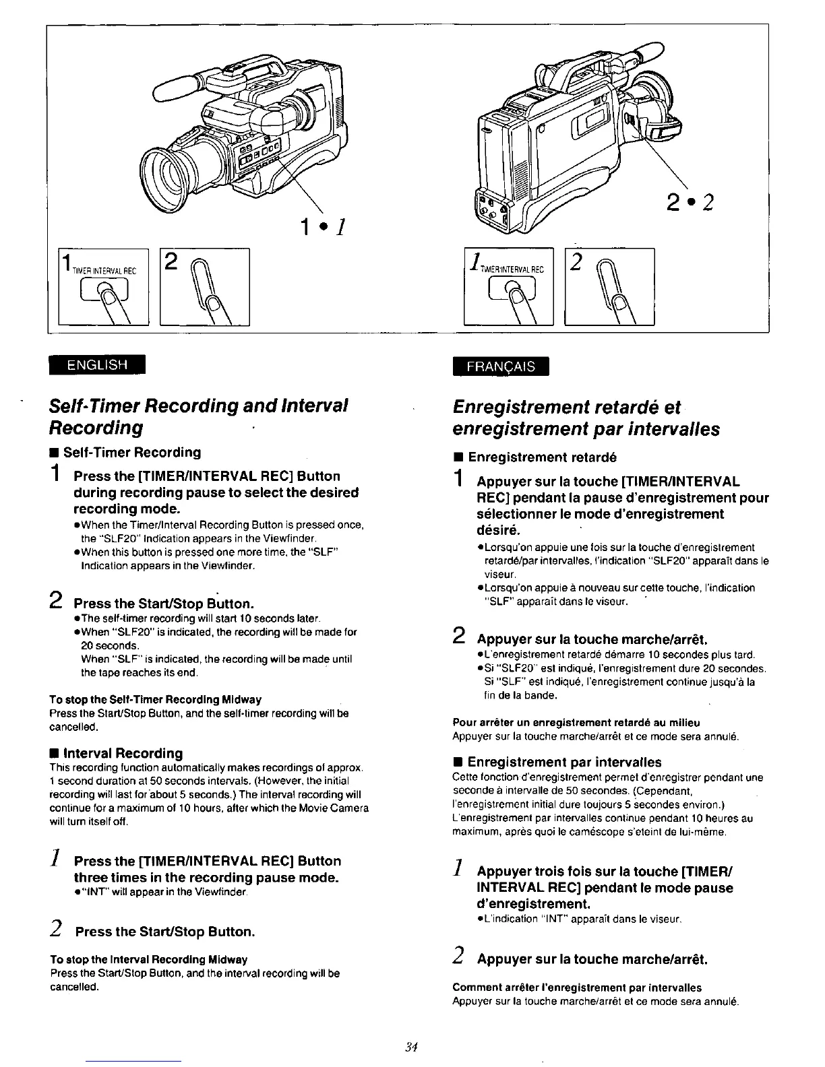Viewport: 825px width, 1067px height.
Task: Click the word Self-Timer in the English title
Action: (90, 406)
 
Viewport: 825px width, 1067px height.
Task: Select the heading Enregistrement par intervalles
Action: (564, 762)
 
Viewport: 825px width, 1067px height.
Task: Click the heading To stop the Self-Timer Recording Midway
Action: (155, 699)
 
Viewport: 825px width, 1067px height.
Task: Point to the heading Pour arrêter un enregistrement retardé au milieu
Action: (576, 723)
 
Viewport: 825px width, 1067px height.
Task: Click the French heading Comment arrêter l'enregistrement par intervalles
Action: (577, 988)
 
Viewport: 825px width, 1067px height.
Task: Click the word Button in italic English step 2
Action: (231, 932)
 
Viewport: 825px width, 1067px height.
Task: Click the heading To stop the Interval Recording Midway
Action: (148, 959)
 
